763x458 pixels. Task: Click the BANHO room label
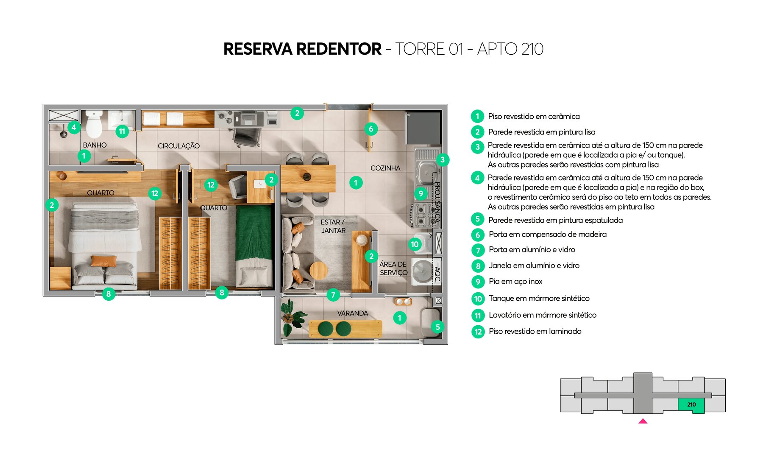[95, 145]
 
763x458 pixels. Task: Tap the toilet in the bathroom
[94, 124]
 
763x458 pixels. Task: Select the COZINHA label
[385, 168]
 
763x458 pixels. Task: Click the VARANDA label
[352, 313]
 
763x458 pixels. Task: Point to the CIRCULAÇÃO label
[178, 146]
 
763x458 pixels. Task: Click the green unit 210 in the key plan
[691, 405]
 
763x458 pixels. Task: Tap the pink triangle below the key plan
[643, 421]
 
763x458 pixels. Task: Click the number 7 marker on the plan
[333, 295]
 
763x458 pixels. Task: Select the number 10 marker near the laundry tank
[415, 244]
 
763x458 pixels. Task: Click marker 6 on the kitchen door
[371, 129]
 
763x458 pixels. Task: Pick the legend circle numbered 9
[478, 282]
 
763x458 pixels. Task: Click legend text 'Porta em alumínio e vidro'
[532, 250]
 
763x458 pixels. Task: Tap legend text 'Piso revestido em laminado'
[535, 331]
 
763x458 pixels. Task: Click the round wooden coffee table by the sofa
[318, 270]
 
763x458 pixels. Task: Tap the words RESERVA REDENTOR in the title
[302, 49]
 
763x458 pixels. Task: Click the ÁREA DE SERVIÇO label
[393, 268]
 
